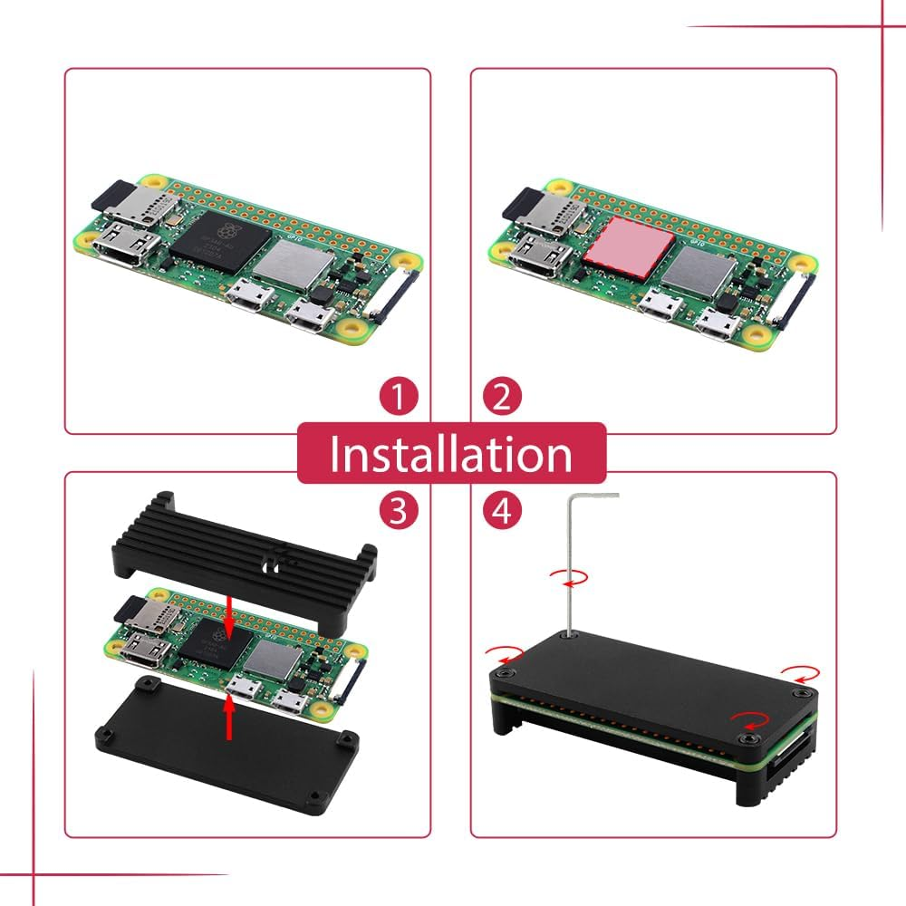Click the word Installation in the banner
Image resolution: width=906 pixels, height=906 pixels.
pyautogui.click(x=450, y=454)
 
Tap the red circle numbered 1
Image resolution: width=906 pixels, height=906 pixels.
pyautogui.click(x=399, y=398)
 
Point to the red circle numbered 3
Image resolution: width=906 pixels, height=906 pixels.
pyautogui.click(x=399, y=512)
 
